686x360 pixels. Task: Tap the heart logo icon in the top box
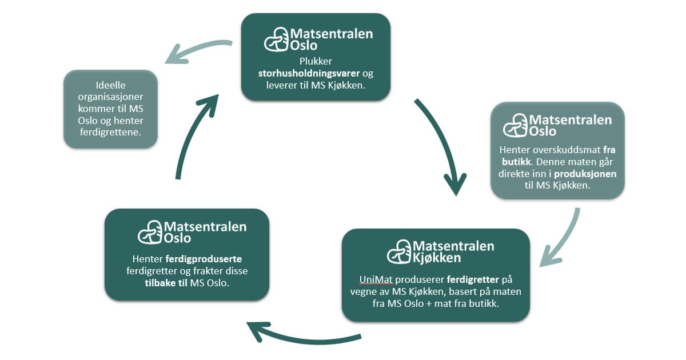[277, 39]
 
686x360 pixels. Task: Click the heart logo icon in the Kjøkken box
[398, 251]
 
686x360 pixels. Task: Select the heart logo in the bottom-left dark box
[150, 231]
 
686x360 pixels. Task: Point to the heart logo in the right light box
[515, 125]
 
